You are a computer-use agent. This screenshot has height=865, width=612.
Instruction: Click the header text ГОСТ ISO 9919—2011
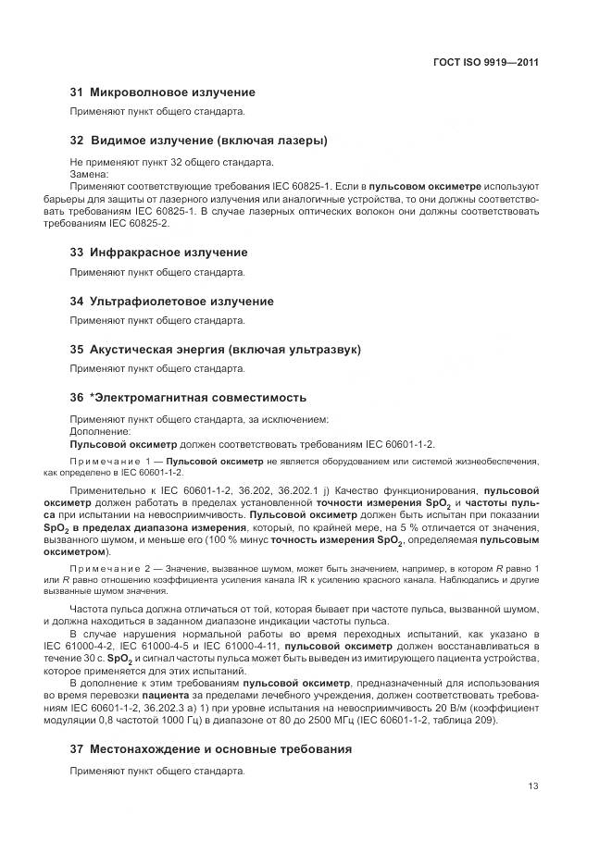coord(485,63)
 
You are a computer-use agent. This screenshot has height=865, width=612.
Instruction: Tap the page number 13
coord(532,786)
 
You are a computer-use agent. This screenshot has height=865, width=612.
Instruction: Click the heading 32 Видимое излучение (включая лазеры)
coord(198,141)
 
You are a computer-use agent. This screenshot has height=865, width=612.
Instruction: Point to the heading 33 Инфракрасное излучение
coord(159,253)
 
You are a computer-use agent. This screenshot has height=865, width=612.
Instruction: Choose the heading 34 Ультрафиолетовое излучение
coord(172,302)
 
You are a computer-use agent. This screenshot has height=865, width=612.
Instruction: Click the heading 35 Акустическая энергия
coord(216,350)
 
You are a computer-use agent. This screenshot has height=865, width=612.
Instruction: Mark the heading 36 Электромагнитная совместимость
coord(189,398)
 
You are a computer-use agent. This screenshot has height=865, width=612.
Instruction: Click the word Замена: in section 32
coord(90,174)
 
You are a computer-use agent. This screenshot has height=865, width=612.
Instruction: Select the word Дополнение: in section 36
coord(101,431)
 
